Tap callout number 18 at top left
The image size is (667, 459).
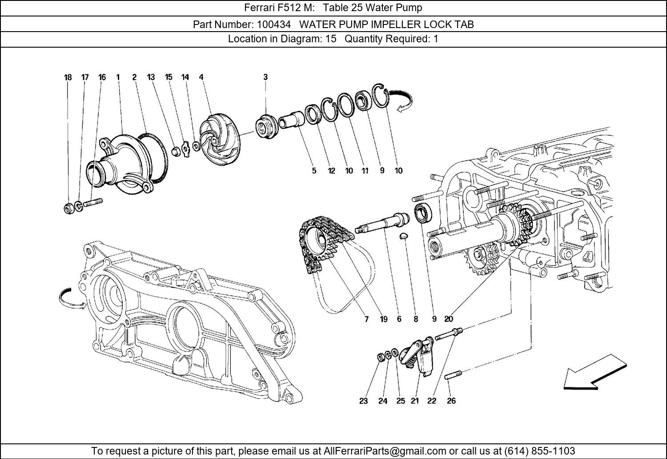pos(68,77)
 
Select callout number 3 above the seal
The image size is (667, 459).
pos(265,77)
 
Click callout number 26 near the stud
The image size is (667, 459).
pos(451,401)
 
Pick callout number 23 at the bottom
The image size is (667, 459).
pos(363,401)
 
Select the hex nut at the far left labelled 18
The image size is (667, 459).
pos(68,208)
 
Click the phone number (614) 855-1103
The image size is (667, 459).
pos(539,451)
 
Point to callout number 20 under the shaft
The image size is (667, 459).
pos(448,319)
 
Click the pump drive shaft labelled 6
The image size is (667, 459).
pos(382,223)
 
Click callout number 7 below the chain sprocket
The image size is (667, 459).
pos(366,319)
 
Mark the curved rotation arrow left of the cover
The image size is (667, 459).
pos(71,299)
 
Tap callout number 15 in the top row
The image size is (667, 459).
pos(169,77)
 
